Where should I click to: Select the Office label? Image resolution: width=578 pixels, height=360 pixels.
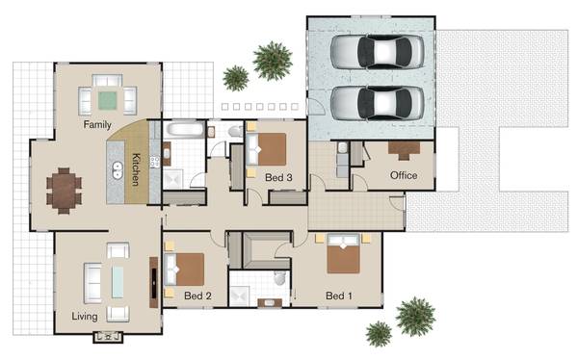coord(403,176)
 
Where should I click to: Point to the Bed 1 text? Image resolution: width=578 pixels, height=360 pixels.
coord(339,296)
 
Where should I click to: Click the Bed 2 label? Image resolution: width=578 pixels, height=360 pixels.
coord(196,296)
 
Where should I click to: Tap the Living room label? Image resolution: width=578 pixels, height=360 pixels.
coord(85,315)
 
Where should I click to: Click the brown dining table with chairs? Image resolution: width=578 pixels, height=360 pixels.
coord(65,189)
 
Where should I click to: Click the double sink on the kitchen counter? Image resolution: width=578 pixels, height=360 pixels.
coord(118,171)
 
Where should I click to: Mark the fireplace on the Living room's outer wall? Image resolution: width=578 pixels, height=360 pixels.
coord(106,337)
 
